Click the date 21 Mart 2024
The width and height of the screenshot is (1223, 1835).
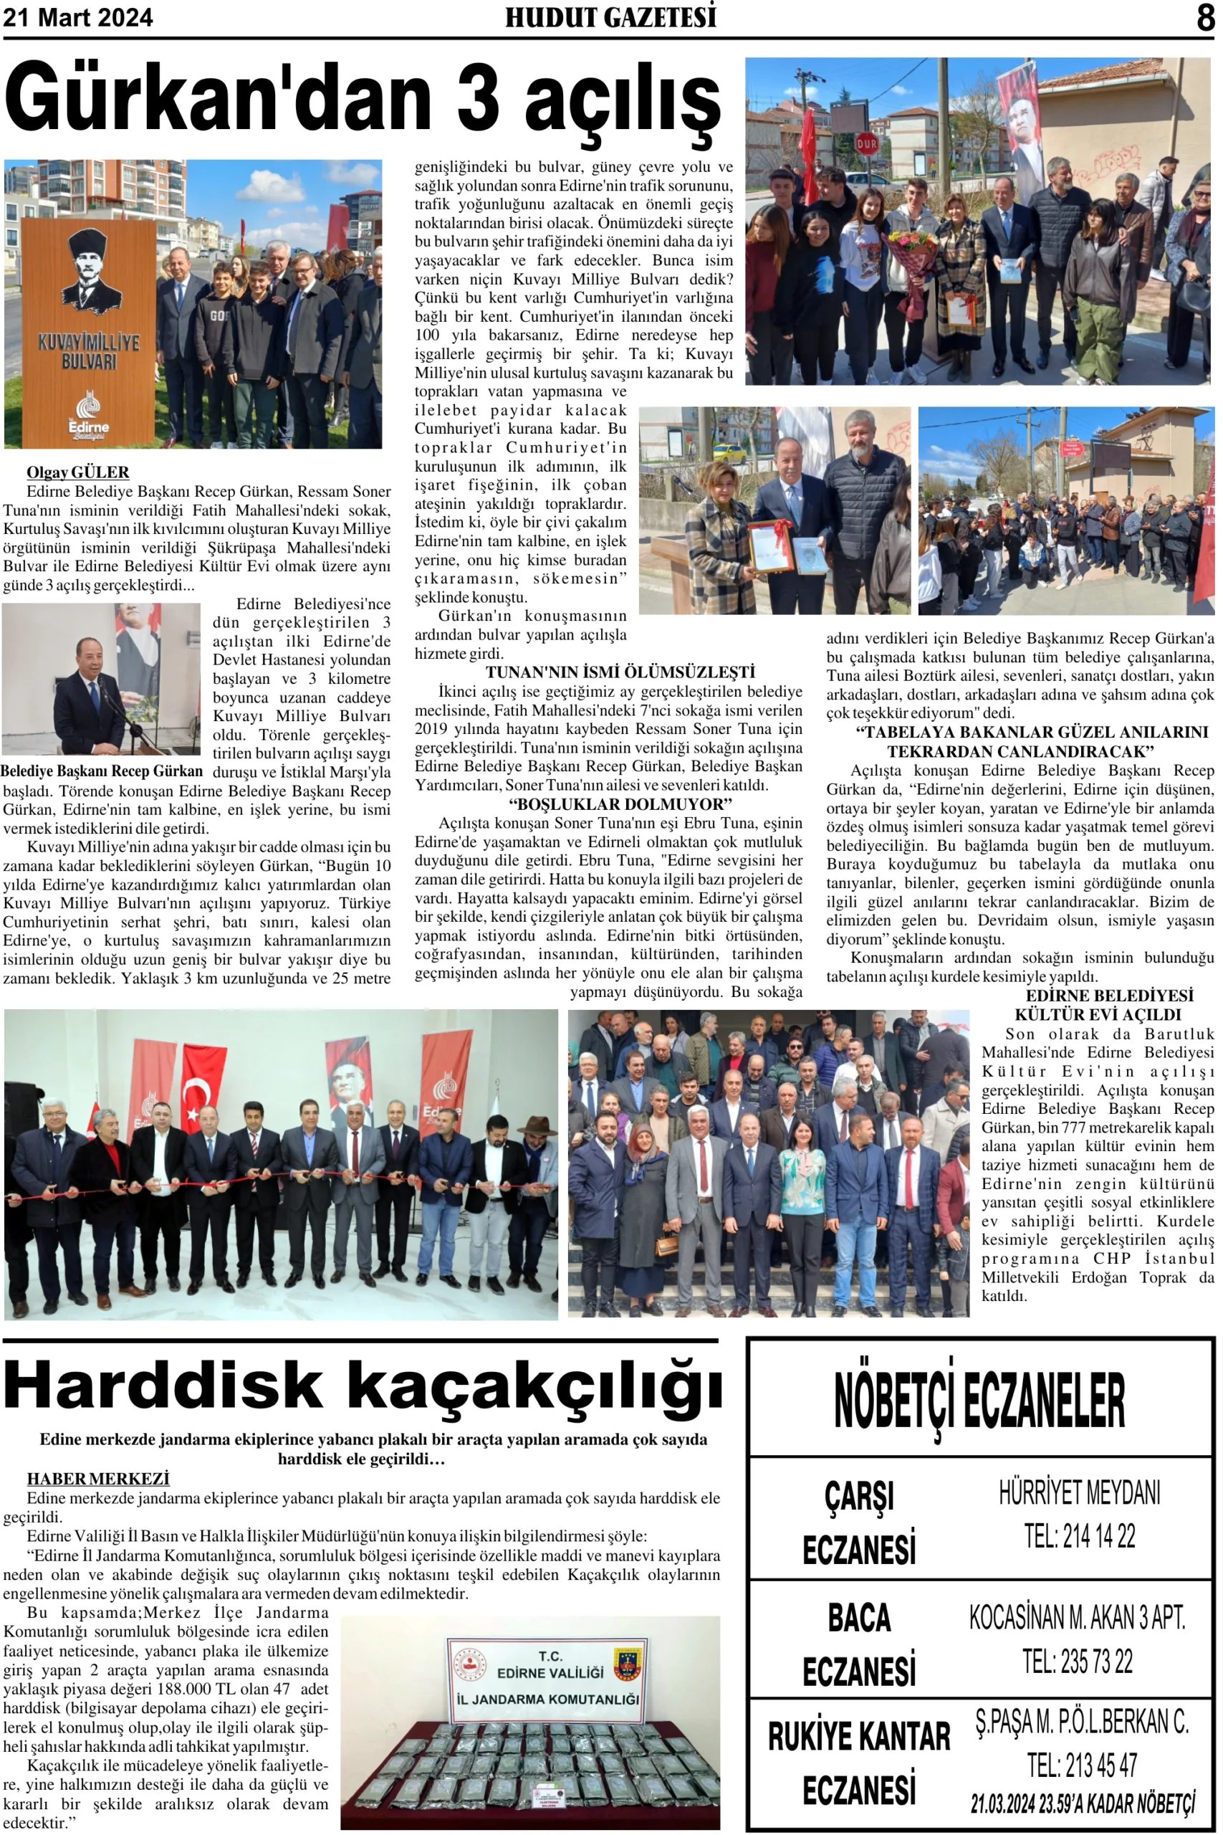tap(78, 17)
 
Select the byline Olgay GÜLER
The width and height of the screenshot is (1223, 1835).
tap(78, 472)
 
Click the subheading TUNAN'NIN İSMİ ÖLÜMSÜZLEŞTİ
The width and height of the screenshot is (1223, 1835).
tap(620, 672)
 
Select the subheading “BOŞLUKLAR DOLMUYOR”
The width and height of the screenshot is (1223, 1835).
tap(620, 804)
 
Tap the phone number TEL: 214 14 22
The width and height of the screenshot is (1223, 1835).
tap(1080, 1536)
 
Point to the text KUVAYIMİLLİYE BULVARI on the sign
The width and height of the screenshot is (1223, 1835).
tap(88, 352)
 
